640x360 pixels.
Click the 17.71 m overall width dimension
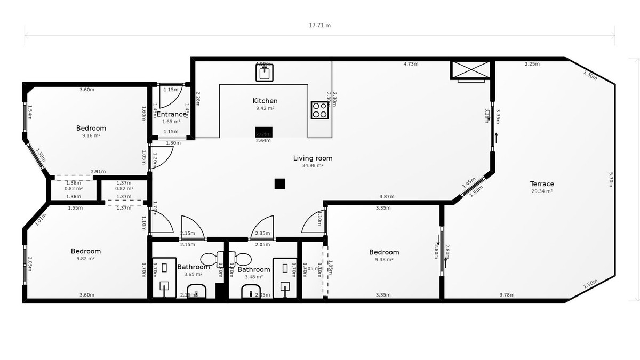coord(320,25)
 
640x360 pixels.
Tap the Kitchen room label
coord(265,101)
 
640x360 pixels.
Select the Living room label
coord(313,158)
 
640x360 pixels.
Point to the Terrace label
coord(542,184)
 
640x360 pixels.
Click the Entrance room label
coord(171,114)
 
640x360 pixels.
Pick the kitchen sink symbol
coord(264,72)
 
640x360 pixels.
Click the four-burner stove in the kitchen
coord(319,110)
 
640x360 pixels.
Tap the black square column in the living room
coord(280,183)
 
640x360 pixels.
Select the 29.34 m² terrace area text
coord(542,191)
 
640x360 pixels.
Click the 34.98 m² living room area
coord(313,165)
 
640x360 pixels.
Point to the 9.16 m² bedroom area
coord(91,135)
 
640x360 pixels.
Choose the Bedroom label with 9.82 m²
coord(86,251)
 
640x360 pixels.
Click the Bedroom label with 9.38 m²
coord(384,252)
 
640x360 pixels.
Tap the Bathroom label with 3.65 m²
coord(193,267)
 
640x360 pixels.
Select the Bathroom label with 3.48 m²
coord(254,269)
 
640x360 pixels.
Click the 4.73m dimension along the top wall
coord(411,64)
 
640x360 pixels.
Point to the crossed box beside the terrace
coord(470,70)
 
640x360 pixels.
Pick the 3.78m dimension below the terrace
coord(507,295)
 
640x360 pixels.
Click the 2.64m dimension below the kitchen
coord(263,141)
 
